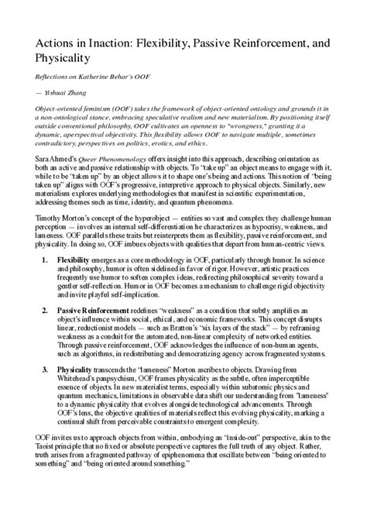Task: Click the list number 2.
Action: coord(45,310)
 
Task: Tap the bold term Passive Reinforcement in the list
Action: coord(96,310)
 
